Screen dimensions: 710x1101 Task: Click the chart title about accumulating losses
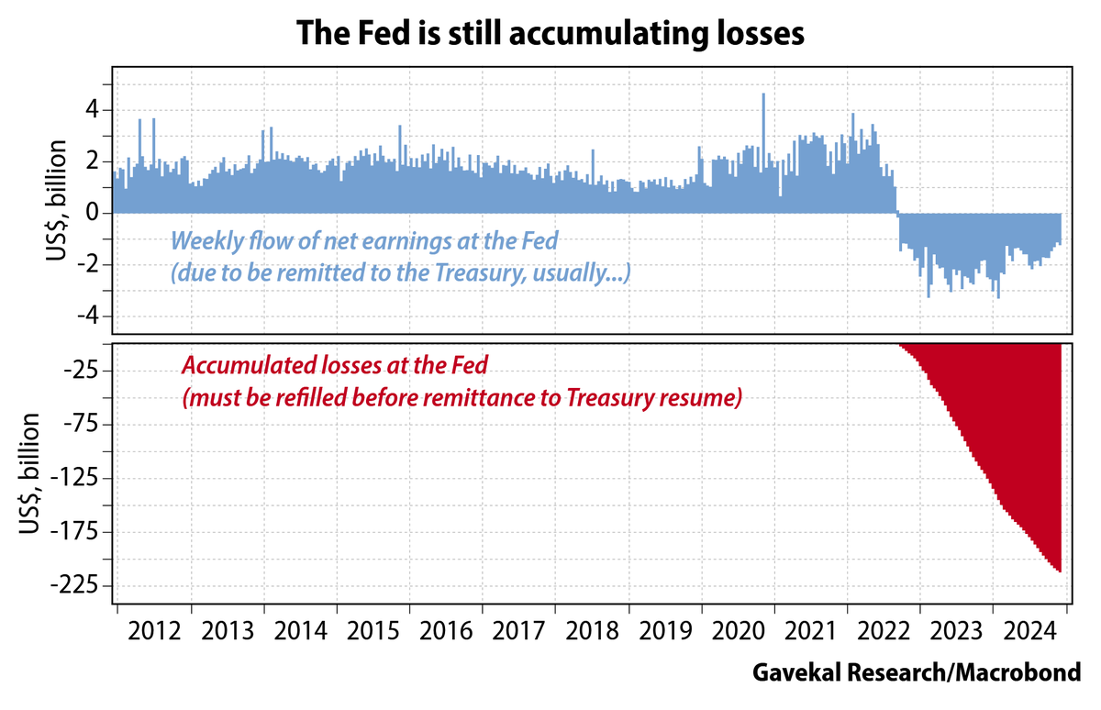(550, 34)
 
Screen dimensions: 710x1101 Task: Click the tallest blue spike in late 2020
(763, 94)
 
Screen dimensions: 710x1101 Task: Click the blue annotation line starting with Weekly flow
(364, 242)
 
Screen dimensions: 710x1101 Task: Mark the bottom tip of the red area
(1060, 571)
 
